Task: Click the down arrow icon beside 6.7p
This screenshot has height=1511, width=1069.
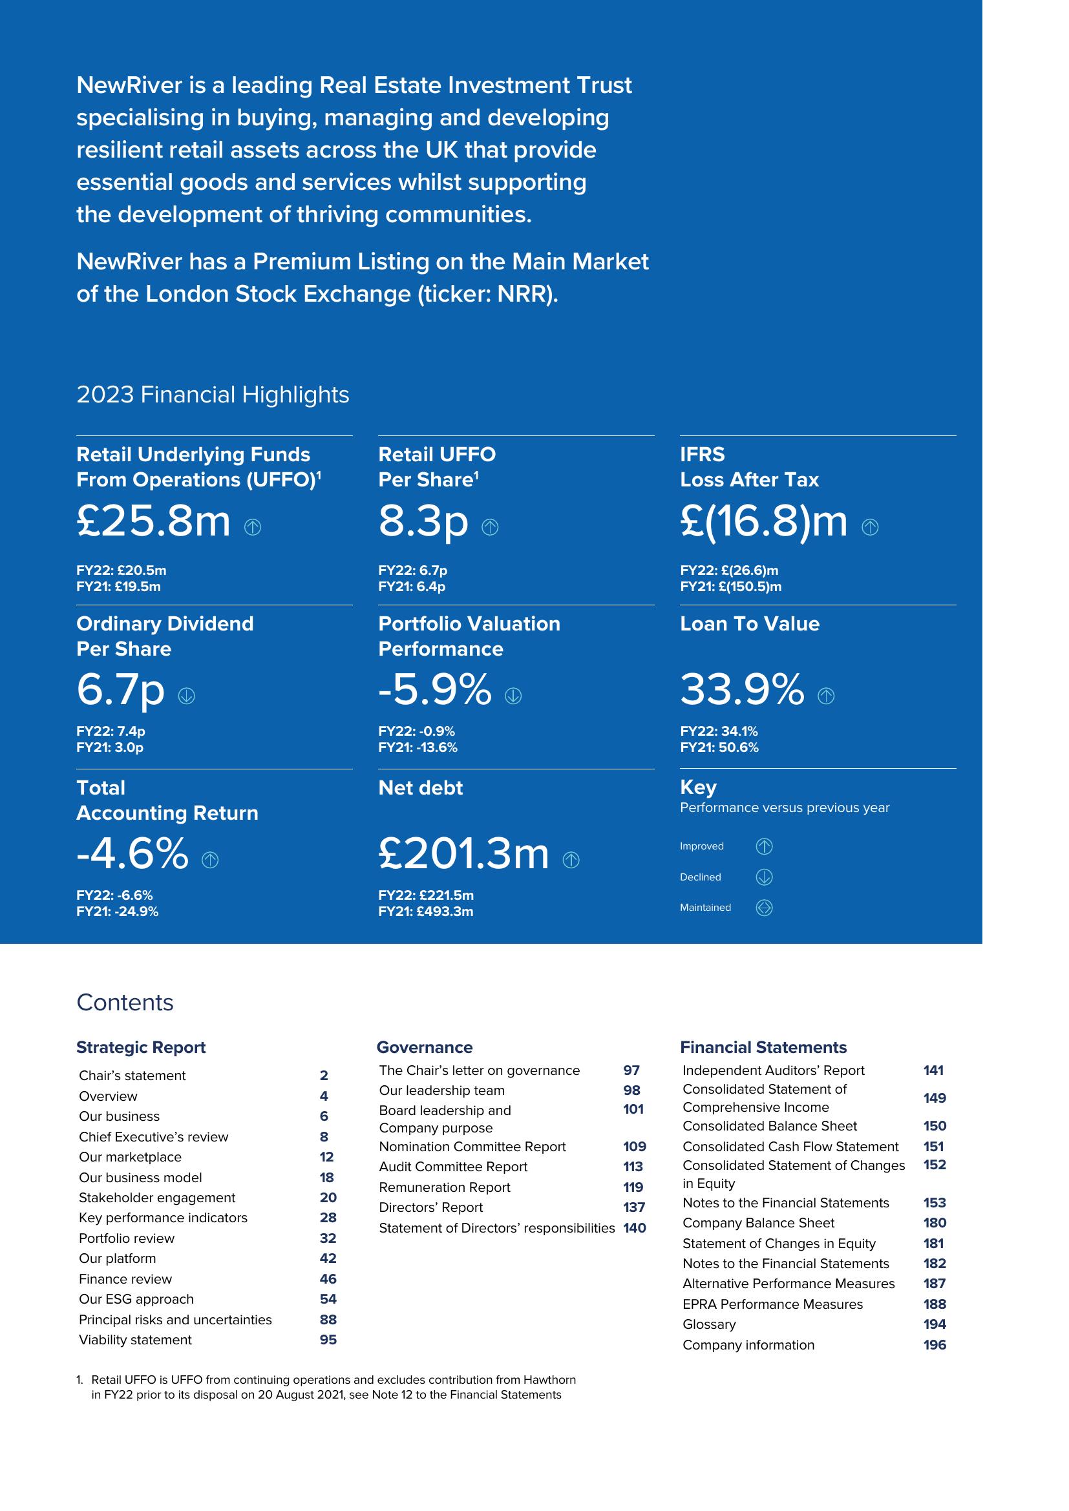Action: click(x=186, y=696)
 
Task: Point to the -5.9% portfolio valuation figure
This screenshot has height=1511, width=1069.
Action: click(x=434, y=690)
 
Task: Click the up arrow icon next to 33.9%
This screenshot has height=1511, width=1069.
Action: click(x=826, y=696)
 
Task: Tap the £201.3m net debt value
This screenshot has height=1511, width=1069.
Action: click(x=463, y=853)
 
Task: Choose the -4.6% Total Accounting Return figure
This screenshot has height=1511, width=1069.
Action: click(x=132, y=853)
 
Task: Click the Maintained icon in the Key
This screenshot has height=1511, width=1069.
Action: click(x=764, y=908)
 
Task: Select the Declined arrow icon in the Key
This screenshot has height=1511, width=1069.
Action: click(x=764, y=877)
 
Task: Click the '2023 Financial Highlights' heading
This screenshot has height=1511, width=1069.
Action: click(x=213, y=395)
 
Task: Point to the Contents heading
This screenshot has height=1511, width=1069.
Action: click(x=125, y=1003)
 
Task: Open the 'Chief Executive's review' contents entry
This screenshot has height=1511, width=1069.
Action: click(x=153, y=1136)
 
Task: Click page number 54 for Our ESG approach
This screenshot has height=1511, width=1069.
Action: click(x=328, y=1298)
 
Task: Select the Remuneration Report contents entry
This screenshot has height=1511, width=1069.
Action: click(x=444, y=1187)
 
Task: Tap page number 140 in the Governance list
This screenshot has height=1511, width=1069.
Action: click(x=635, y=1227)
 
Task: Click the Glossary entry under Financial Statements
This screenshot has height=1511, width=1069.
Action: click(x=709, y=1324)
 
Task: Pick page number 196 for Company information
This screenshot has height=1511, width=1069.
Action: click(x=935, y=1344)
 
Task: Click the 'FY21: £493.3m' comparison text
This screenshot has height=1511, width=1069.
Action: click(x=425, y=912)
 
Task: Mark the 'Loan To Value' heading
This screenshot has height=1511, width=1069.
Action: click(x=750, y=623)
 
